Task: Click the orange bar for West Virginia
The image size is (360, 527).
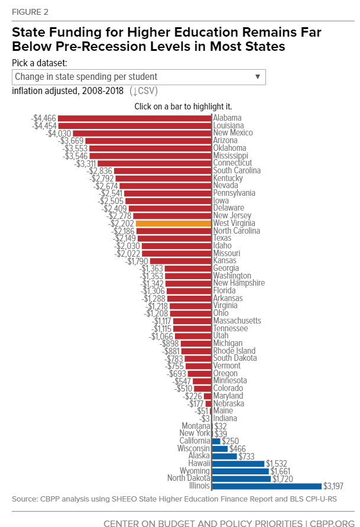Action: [x=173, y=224]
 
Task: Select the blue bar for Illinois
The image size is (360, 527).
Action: [x=267, y=486]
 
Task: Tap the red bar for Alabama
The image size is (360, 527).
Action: [x=135, y=118]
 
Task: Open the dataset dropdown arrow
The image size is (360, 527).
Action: [x=258, y=77]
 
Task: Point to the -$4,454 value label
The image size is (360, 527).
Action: [x=44, y=126]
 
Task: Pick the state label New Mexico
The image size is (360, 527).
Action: [x=233, y=133]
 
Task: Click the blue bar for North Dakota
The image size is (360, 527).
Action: [x=241, y=478]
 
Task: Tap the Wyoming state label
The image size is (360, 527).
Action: [x=194, y=471]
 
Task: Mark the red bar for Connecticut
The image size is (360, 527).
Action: [x=154, y=163]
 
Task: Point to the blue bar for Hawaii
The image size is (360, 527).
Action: [x=238, y=463]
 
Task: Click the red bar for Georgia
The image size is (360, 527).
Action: [x=188, y=269]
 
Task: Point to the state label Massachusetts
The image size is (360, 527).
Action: [x=236, y=321]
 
